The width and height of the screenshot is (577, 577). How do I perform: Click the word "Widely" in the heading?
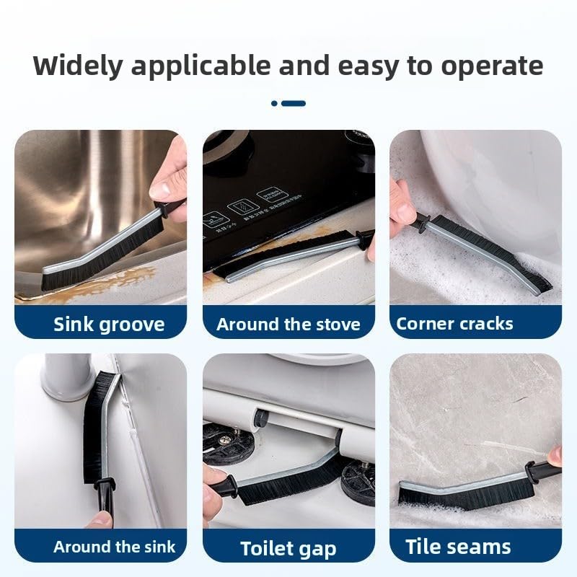78,66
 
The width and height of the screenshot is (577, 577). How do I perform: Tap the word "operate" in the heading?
492,67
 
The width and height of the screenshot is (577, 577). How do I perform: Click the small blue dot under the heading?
274,103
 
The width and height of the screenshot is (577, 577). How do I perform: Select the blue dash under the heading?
294,103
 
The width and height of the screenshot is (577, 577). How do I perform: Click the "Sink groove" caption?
109,325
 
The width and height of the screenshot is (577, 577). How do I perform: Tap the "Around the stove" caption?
288,324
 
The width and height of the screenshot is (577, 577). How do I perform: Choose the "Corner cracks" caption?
454,324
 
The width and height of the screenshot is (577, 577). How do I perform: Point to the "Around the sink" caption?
114,547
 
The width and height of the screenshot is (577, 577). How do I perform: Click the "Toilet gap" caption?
288,549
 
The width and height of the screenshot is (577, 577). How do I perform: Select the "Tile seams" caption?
458,547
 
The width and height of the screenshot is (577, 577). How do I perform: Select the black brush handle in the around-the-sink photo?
104,498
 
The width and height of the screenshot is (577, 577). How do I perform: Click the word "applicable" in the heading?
201,67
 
